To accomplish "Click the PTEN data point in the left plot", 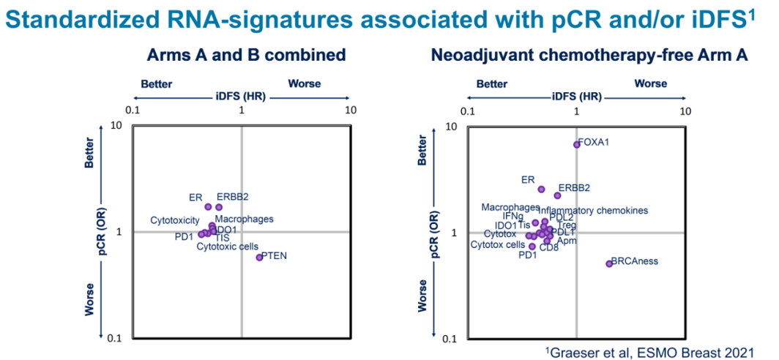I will click(259, 258).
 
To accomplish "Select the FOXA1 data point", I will click(577, 144).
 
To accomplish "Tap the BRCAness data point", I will click(609, 263).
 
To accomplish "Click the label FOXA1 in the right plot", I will click(594, 142).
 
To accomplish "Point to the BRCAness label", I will click(635, 261).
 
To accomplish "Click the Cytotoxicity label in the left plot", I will click(175, 220).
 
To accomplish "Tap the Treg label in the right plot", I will click(567, 225).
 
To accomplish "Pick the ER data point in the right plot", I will click(541, 190).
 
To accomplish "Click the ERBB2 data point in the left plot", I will click(219, 207).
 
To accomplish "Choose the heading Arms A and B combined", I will click(246, 56).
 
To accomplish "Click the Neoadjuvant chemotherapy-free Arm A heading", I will click(589, 56).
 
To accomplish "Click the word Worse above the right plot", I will click(650, 83).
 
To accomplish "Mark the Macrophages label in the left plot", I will click(245, 219).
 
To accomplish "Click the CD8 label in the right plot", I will click(549, 247).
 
